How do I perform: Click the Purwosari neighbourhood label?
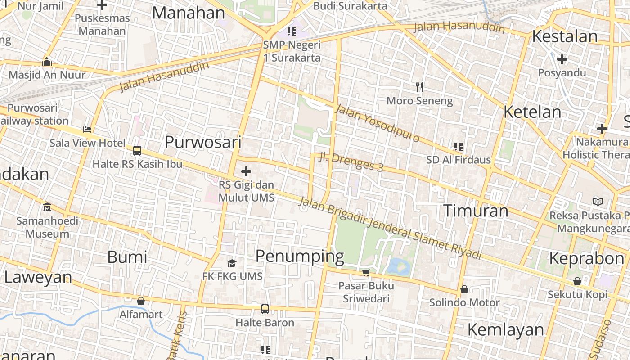[203, 142]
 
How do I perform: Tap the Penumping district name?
[300, 256]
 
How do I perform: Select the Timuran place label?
[476, 211]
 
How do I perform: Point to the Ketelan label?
[532, 112]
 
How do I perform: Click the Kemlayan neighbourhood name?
[506, 329]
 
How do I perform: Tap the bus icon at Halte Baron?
[265, 309]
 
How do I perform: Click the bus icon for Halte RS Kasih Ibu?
[137, 150]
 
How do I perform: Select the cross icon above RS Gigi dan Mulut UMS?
[246, 171]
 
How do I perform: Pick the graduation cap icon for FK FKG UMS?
[232, 263]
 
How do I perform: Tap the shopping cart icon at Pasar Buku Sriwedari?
[366, 273]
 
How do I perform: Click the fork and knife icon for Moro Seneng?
[419, 87]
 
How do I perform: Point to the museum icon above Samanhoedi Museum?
[47, 207]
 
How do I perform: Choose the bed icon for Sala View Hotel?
[87, 130]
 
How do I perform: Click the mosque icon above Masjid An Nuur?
[47, 62]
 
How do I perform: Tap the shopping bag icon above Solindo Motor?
[464, 289]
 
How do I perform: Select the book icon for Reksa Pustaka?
[598, 202]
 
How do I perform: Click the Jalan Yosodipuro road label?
[377, 123]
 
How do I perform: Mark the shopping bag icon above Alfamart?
[141, 301]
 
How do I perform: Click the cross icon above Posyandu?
[562, 59]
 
